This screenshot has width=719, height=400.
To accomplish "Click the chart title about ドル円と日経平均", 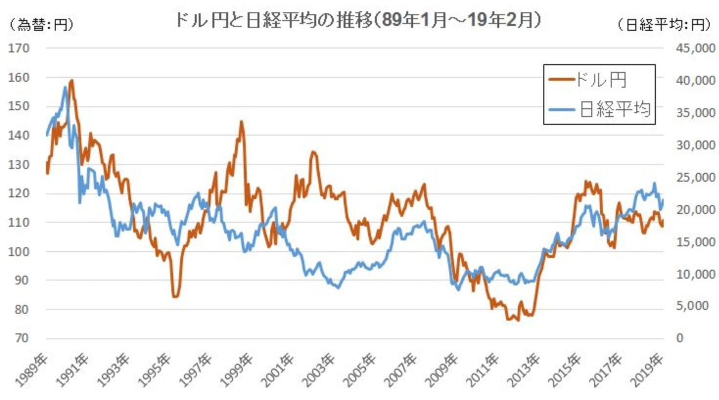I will click(358, 21).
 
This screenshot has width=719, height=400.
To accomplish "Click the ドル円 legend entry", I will click(600, 80).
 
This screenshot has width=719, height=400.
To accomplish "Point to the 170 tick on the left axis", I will click(19, 48).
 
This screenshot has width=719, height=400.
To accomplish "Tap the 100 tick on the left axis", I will click(19, 251).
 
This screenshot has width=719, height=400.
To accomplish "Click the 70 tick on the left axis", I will click(21, 338).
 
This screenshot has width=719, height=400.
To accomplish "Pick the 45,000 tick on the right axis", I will click(695, 48).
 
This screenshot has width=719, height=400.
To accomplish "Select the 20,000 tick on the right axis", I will click(695, 210).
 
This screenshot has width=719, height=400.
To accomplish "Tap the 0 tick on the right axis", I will click(679, 338).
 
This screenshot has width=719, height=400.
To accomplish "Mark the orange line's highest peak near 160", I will click(72, 80).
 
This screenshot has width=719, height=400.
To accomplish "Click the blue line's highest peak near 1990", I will click(65, 88).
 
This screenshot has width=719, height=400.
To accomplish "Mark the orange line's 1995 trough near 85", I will click(175, 296).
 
